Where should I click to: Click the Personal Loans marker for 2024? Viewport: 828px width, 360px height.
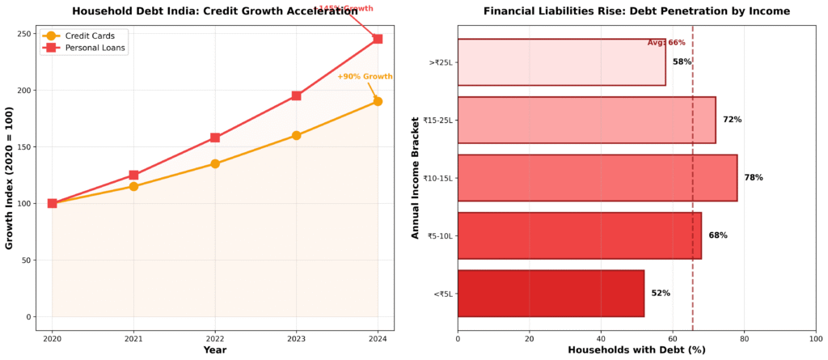click(x=378, y=39)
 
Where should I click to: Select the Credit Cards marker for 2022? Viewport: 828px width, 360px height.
click(x=215, y=163)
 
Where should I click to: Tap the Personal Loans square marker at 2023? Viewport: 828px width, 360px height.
click(x=296, y=95)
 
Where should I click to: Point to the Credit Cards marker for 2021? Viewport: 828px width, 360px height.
click(x=133, y=186)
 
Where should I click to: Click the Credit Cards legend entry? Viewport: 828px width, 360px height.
click(x=83, y=36)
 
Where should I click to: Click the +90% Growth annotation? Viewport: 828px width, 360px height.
click(x=365, y=77)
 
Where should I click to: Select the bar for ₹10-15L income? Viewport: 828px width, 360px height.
click(x=597, y=178)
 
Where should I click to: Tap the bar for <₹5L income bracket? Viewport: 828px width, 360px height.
click(x=551, y=294)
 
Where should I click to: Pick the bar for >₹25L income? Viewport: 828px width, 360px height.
click(x=561, y=62)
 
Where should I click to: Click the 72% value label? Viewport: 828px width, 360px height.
click(x=732, y=120)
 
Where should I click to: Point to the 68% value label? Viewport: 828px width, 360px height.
click(x=717, y=235)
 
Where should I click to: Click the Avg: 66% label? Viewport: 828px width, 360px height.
click(x=666, y=43)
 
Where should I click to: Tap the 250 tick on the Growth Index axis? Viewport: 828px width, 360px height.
click(x=26, y=34)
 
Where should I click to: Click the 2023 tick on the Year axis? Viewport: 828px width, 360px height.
click(x=296, y=340)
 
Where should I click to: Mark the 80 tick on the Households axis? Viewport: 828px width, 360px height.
click(x=744, y=340)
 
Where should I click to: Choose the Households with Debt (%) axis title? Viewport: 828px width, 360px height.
click(x=636, y=350)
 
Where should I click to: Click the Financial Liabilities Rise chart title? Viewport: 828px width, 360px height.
click(x=636, y=11)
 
